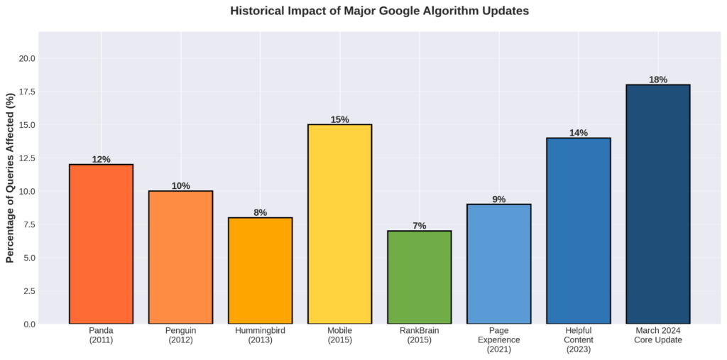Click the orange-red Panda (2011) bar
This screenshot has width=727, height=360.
pos(101,244)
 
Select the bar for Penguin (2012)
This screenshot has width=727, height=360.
pos(180,257)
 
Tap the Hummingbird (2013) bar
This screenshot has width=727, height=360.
pos(260,271)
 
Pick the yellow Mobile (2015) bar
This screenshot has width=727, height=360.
pos(339,224)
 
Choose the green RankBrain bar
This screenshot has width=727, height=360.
pos(419,277)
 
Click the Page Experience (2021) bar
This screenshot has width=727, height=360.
pos(498,264)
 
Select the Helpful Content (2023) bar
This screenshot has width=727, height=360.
pos(578,231)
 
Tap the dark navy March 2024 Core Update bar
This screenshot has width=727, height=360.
pos(657,204)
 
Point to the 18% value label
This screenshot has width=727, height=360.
pos(657,80)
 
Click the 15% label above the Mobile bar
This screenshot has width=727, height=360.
pos(339,119)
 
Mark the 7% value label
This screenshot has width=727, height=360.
pos(419,226)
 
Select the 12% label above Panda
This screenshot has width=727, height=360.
pos(101,159)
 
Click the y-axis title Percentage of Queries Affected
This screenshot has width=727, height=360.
pos(11,178)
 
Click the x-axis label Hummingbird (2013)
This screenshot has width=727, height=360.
pos(260,335)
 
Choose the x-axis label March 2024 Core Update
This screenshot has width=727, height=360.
pos(657,335)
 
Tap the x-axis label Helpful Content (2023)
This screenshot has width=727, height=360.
pos(578,339)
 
